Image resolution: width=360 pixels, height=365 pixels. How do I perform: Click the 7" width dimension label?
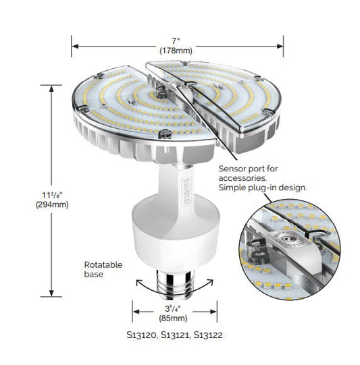coord(176,41)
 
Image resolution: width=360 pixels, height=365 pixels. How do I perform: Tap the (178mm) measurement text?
coord(176,51)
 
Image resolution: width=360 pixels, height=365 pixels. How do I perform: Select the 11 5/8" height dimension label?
coord(52,195)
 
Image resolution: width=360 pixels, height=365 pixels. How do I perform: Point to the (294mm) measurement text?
coord(52,205)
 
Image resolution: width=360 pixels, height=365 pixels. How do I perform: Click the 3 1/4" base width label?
coord(173,309)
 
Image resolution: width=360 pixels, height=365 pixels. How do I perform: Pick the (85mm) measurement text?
coord(173,318)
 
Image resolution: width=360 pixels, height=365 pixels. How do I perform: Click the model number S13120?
coord(142,335)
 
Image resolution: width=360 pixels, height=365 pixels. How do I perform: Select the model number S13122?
coord(208,335)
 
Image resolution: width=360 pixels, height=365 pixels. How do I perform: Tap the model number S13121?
coord(176,335)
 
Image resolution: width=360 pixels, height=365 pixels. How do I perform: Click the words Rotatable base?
coord(103,269)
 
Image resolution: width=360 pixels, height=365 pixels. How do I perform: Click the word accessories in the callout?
coord(242,178)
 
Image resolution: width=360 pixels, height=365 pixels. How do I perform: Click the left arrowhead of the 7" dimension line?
coord(75,46)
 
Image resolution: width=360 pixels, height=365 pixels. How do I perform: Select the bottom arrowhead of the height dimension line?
coord(51,293)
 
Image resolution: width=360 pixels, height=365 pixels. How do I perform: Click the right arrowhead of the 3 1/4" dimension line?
coord(213,312)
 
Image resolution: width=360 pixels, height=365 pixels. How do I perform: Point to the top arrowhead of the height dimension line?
coord(51,89)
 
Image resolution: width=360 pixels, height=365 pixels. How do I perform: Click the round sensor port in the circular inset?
coord(286,238)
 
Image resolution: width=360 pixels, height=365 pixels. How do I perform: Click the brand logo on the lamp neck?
coord(186,192)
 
